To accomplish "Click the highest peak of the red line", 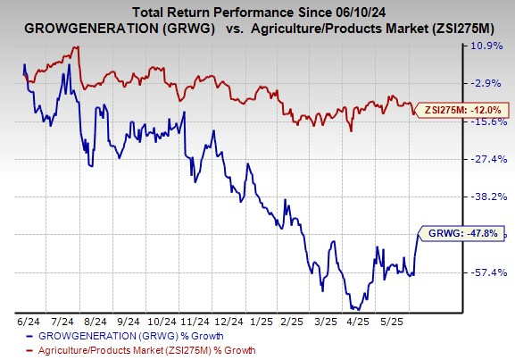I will click(78, 46).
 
